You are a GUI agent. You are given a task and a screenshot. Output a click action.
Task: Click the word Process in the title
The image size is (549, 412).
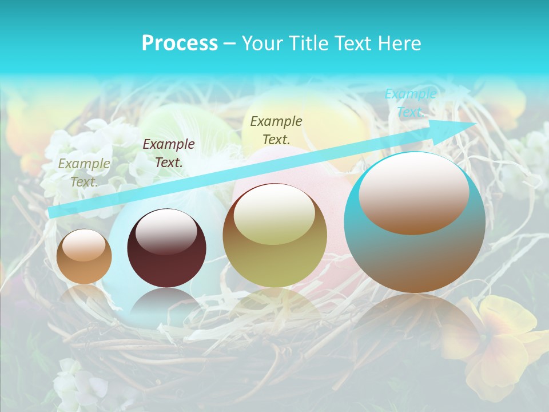coord(180,43)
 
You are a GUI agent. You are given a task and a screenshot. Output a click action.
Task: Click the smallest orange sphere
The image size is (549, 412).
coord(84,256)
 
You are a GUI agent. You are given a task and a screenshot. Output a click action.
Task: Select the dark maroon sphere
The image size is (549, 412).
coord(166,248)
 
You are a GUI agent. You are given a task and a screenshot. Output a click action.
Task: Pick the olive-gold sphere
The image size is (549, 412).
coord(274,236)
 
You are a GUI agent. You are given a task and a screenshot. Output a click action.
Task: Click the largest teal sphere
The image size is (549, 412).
coord(415,223)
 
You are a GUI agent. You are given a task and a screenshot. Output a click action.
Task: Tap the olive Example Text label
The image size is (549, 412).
coord(83,173)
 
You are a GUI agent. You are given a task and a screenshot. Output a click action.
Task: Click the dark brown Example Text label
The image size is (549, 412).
coord(168,153)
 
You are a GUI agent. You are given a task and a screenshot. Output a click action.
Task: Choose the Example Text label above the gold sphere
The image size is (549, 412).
coord(276,130)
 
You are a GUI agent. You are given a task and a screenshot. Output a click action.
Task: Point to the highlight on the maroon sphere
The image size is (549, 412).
coord(166,231)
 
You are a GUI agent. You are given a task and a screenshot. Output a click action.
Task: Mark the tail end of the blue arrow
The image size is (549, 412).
coord(53,212)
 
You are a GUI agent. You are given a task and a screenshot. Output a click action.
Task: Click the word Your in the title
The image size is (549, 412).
coord(261,43)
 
